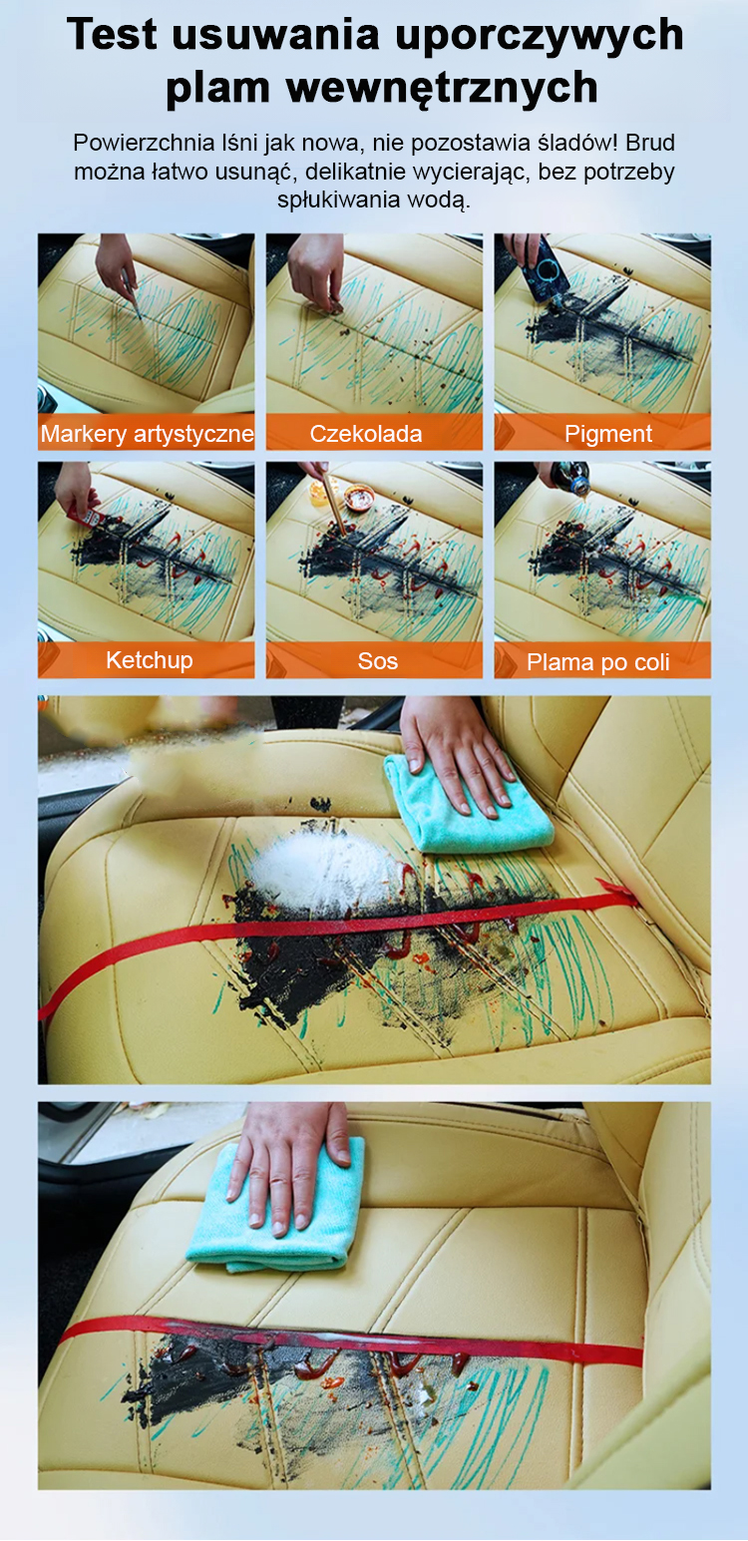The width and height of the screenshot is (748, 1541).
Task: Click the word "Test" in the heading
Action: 113,34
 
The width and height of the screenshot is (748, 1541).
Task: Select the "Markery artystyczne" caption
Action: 147,434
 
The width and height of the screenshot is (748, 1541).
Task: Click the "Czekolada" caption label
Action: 365,434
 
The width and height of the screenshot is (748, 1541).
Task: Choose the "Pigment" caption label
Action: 608,434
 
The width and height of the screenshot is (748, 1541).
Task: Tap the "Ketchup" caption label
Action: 150,660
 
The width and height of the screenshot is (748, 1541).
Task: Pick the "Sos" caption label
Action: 377,661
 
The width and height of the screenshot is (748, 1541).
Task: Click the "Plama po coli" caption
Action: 598,662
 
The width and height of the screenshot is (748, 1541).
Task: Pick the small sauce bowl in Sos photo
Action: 359,496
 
